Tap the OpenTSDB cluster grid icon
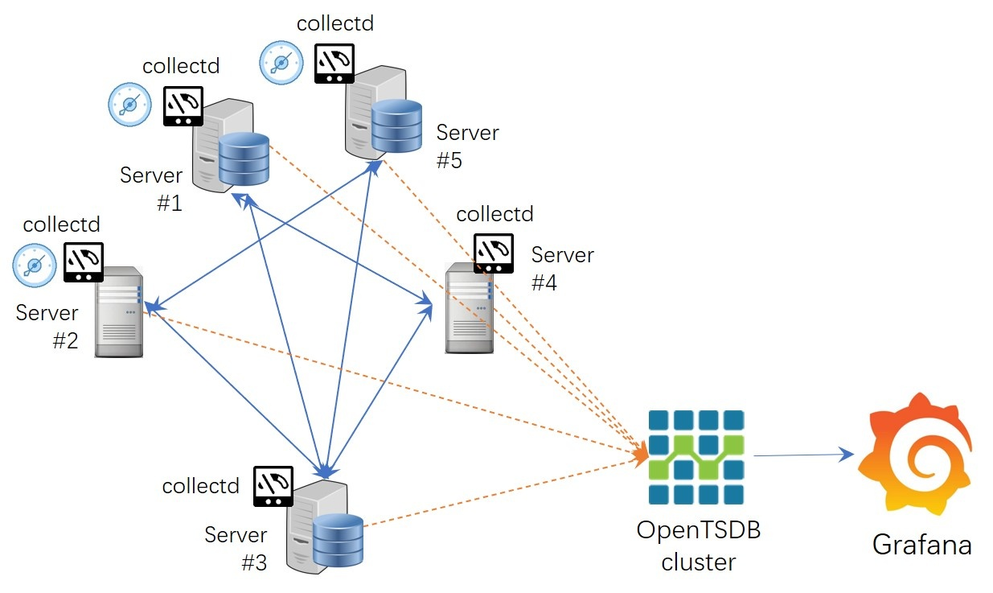click(x=696, y=457)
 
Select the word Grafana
click(x=922, y=545)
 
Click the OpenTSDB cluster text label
click(x=698, y=546)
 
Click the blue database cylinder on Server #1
click(x=244, y=159)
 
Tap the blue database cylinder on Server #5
click(x=396, y=126)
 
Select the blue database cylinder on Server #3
click(x=338, y=539)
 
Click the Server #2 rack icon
click(x=118, y=311)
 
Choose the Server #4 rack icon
click(x=470, y=308)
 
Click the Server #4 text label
click(x=562, y=269)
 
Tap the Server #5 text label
click(x=467, y=146)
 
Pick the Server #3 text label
click(x=236, y=548)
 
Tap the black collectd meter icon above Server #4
click(x=493, y=253)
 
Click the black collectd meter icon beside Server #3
click(x=274, y=486)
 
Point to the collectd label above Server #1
click(x=181, y=66)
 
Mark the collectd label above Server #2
click(x=62, y=224)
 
